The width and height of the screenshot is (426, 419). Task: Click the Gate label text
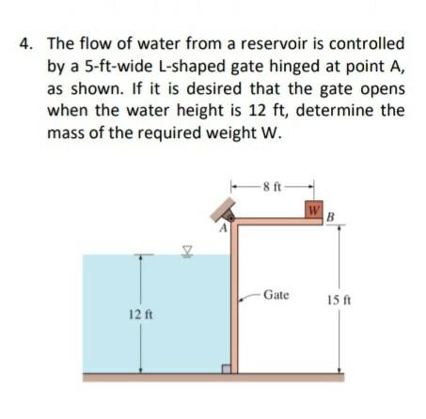pyautogui.click(x=276, y=294)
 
